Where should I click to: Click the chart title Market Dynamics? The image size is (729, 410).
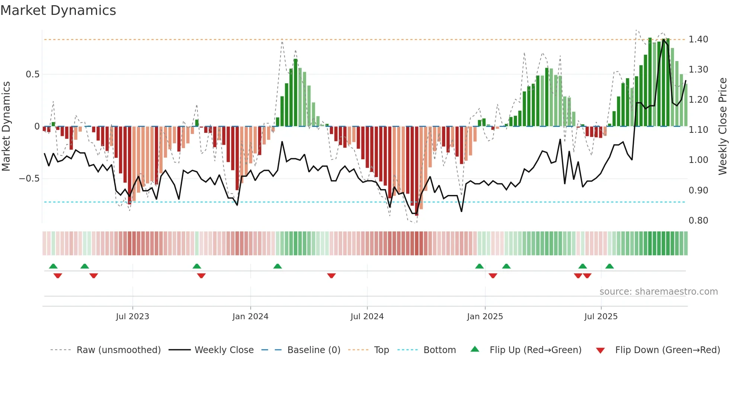pos(58,10)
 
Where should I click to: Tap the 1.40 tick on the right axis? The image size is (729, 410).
pos(698,39)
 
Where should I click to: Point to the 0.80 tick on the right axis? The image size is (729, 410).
pos(698,221)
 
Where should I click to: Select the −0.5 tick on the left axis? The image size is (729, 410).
pos(29,179)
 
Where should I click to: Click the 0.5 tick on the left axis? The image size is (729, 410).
pos(32,74)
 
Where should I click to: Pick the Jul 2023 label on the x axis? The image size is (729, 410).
pos(132,317)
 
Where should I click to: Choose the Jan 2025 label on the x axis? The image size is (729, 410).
pos(485,317)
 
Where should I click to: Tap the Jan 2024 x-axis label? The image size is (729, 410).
pos(250,317)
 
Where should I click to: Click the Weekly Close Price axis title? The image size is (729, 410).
pos(722,126)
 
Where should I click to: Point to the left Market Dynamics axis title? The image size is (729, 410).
pos(6,126)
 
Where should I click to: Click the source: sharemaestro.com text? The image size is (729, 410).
pos(658,292)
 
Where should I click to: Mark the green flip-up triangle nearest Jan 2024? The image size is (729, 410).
pos(277,266)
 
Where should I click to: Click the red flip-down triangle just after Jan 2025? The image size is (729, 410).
pos(493,276)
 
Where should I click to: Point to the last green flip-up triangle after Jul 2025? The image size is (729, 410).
pos(609,266)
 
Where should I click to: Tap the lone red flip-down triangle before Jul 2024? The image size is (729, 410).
pos(331,276)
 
